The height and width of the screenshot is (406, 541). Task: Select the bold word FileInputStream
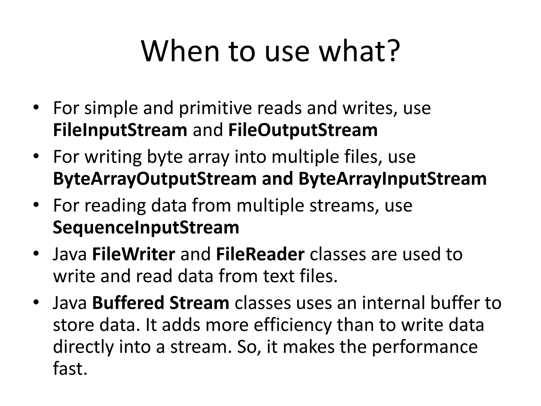120,130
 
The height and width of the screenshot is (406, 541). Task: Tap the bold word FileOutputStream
303,130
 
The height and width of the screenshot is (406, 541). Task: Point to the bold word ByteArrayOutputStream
155,179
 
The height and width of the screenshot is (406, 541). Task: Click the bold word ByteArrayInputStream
393,179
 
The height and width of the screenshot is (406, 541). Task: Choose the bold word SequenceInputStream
146,227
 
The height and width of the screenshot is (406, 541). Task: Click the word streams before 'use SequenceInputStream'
342,205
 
